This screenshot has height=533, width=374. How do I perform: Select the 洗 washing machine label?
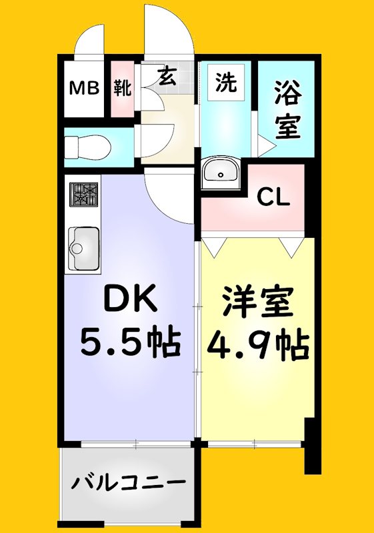[225, 83]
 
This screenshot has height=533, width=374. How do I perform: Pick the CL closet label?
[274, 197]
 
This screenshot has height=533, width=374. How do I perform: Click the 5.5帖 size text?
[129, 343]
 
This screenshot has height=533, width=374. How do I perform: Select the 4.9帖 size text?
[257, 344]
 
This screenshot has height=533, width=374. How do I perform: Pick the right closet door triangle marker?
[291, 248]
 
